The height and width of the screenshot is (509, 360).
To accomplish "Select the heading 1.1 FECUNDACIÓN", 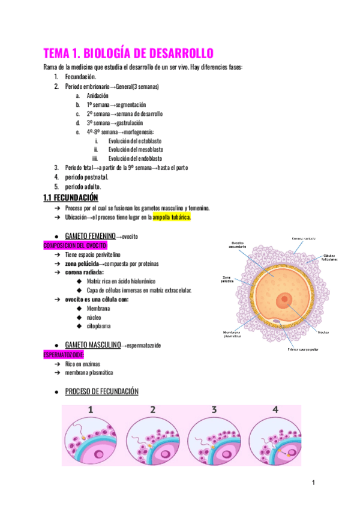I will tap(71, 197).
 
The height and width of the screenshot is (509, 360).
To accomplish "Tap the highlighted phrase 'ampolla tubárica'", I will tap(172, 217).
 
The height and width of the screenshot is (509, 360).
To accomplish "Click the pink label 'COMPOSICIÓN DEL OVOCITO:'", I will tap(76, 246).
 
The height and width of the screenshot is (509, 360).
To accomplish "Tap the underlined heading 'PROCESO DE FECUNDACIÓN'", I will tap(101, 392).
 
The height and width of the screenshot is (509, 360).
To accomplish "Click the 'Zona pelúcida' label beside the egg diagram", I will tap(224, 279).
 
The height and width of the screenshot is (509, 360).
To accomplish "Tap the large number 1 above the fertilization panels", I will tap(91, 411).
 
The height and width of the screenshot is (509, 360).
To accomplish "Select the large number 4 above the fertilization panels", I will tap(275, 411).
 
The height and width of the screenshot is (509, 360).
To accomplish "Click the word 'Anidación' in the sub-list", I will tap(97, 96).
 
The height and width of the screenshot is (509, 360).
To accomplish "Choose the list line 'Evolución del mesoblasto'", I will tap(136, 149).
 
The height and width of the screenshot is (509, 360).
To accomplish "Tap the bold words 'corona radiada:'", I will tap(84, 273).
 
